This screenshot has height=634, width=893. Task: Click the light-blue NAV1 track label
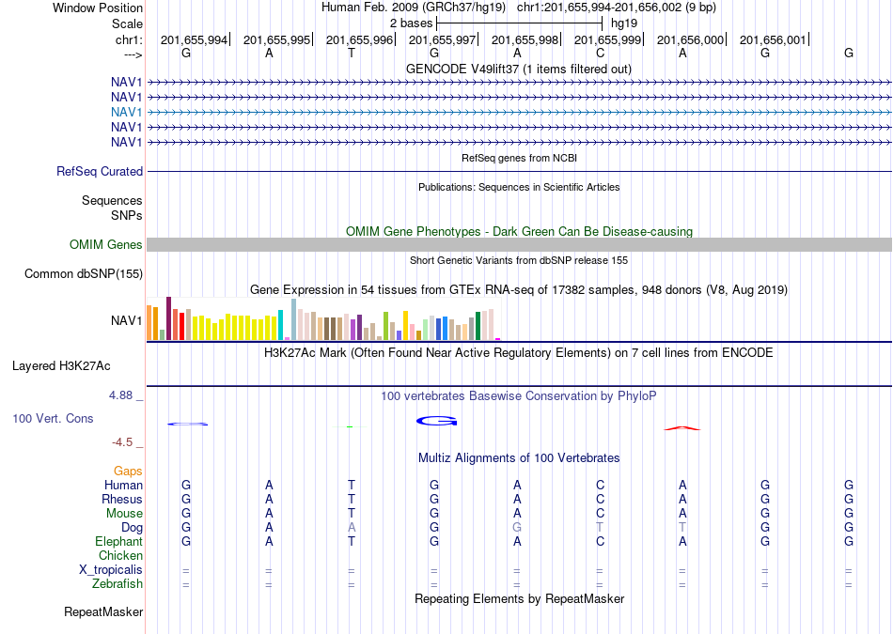pyautogui.click(x=127, y=112)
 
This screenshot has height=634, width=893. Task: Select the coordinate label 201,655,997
pyautogui.click(x=442, y=39)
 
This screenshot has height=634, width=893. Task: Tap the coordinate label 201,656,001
pyautogui.click(x=773, y=39)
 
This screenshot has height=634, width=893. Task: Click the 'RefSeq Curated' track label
pyautogui.click(x=100, y=171)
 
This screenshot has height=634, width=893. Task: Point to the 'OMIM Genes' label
pyautogui.click(x=106, y=245)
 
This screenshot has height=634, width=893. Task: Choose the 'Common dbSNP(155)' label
pyautogui.click(x=84, y=273)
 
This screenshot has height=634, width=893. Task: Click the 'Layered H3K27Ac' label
pyautogui.click(x=61, y=366)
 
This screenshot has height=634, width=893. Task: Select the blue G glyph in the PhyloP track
pyautogui.click(x=437, y=421)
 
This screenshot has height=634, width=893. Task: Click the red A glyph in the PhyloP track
pyautogui.click(x=682, y=428)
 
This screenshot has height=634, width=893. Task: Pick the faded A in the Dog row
pyautogui.click(x=352, y=528)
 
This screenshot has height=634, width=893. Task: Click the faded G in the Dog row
pyautogui.click(x=517, y=528)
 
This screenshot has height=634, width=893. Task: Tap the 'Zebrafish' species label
pyautogui.click(x=117, y=584)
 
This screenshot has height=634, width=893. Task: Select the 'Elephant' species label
pyautogui.click(x=118, y=542)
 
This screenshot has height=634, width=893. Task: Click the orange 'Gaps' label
pyautogui.click(x=128, y=472)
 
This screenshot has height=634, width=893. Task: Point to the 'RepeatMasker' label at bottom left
pyautogui.click(x=103, y=612)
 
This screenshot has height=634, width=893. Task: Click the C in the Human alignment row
pyautogui.click(x=600, y=486)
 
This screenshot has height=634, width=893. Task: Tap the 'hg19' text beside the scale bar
pyautogui.click(x=624, y=23)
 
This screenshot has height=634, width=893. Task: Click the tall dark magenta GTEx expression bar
pyautogui.click(x=168, y=318)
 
